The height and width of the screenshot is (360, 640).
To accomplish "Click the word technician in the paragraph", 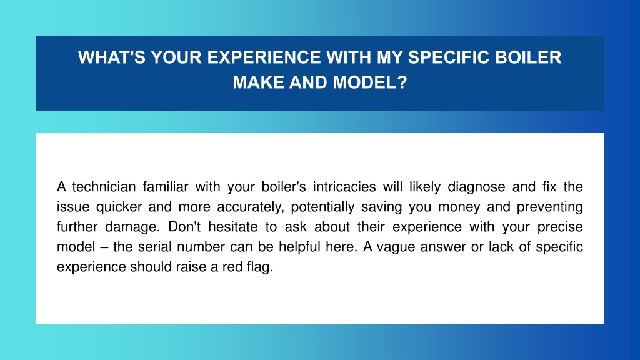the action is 104,186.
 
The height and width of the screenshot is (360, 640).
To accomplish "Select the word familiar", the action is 165,186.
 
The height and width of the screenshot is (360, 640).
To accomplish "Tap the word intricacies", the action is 344,186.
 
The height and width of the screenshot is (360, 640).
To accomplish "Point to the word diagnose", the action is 476,187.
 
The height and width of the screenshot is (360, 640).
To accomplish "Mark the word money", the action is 459,207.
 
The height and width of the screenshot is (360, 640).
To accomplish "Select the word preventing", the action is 549,207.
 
